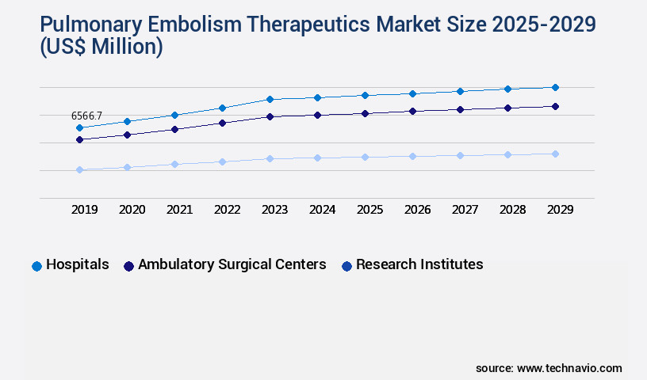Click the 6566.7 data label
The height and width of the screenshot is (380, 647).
(x=87, y=116)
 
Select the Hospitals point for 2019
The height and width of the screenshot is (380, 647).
(x=79, y=127)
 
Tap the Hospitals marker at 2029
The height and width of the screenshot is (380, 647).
(x=555, y=87)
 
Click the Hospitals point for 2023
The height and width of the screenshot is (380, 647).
(x=270, y=99)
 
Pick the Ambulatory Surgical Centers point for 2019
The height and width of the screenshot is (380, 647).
(x=79, y=139)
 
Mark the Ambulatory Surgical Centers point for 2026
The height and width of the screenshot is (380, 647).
(x=412, y=111)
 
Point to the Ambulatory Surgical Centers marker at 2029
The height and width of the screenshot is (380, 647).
(x=555, y=106)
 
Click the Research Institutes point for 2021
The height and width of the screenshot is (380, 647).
(x=174, y=164)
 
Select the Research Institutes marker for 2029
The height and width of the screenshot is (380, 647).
(x=555, y=154)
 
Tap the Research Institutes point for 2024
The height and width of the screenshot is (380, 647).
(x=317, y=158)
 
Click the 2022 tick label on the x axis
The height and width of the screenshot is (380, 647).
(x=227, y=210)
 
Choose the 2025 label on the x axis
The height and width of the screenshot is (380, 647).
(x=369, y=210)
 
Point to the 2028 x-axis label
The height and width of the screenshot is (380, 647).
(x=512, y=210)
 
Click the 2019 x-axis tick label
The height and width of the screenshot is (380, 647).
(x=84, y=210)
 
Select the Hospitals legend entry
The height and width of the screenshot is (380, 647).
(x=77, y=264)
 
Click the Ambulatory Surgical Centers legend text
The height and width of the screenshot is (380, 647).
(x=232, y=264)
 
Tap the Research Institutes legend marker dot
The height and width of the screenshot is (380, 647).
(x=346, y=266)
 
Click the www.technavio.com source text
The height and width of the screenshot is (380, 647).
(x=569, y=368)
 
